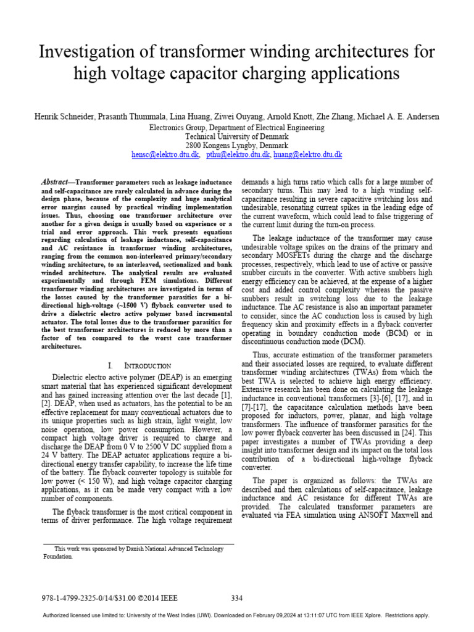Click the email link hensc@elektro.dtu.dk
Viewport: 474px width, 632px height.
point(165,155)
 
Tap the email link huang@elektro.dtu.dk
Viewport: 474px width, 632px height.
point(307,155)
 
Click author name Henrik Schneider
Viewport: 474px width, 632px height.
point(60,117)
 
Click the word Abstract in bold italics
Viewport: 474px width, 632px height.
point(54,183)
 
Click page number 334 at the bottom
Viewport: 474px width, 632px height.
point(237,597)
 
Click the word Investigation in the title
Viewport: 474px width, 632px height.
point(82,52)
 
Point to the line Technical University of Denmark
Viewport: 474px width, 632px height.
point(237,136)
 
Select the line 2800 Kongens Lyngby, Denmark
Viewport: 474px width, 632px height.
point(237,146)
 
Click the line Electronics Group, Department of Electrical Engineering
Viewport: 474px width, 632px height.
point(237,127)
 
